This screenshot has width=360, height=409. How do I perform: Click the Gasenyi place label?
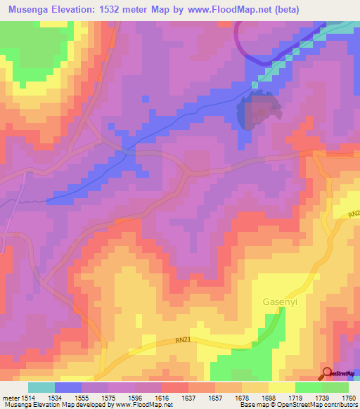coord(271,302)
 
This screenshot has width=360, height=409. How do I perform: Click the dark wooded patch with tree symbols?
coord(258,111)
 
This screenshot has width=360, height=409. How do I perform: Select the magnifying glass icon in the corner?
coord(328,373)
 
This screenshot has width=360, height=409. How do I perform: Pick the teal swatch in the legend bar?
coord(41,387)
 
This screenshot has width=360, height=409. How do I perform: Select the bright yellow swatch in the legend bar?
coord(281,387)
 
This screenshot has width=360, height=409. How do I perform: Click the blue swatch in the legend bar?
coord(67,387)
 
